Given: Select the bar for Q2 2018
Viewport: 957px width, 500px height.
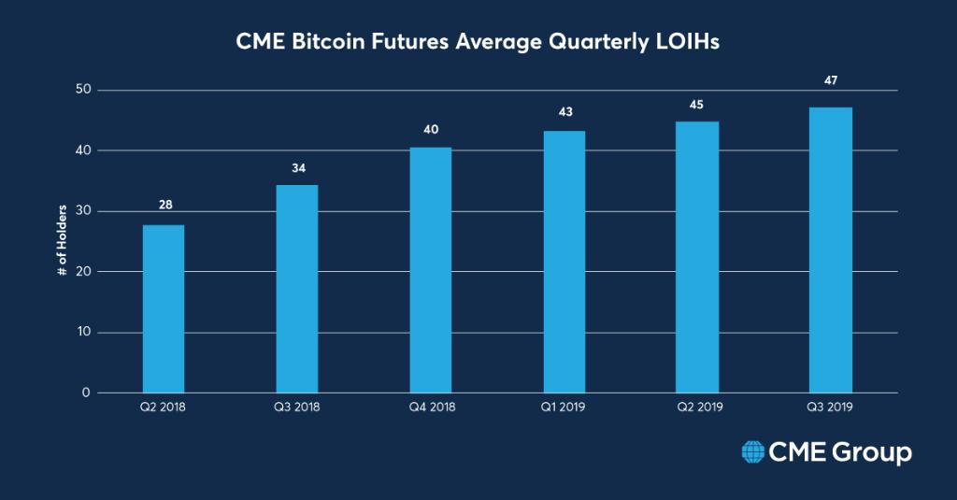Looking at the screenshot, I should [x=163, y=307].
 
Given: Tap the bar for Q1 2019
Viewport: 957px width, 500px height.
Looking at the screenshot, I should [x=564, y=261].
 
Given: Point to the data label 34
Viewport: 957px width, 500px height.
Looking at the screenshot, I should [x=297, y=168].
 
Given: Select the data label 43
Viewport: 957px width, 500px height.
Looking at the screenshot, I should [x=564, y=113].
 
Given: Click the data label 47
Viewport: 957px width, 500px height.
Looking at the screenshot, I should [x=831, y=80].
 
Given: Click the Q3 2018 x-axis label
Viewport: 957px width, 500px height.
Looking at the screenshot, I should [x=297, y=408].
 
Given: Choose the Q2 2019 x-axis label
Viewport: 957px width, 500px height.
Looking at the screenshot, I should [x=698, y=408].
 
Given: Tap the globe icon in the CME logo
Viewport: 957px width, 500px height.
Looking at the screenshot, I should [x=752, y=453].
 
